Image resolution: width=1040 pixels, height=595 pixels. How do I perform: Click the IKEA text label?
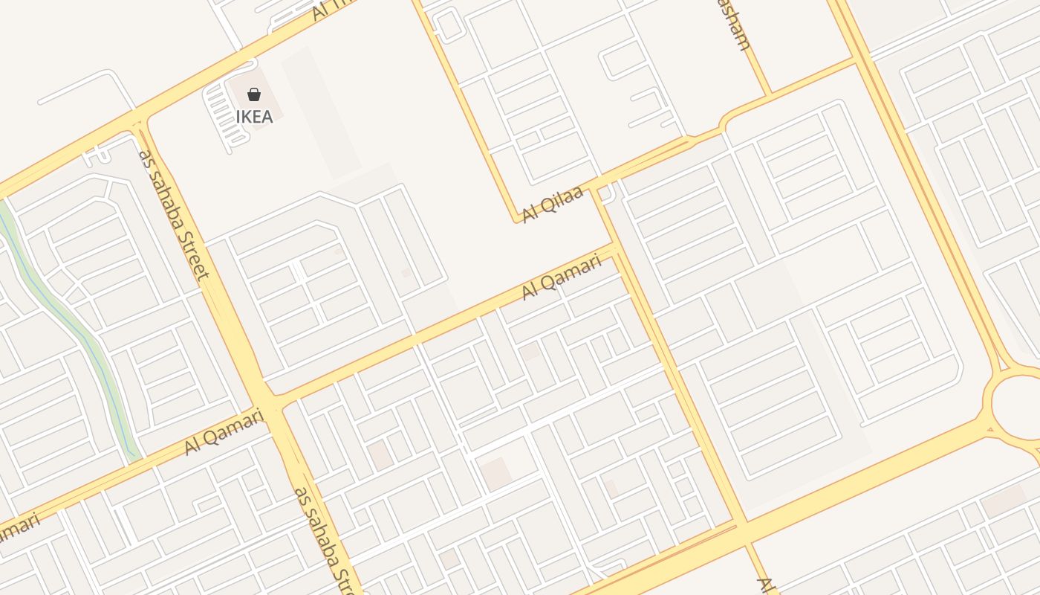pyautogui.click(x=254, y=117)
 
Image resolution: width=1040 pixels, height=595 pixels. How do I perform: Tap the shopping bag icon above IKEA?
pyautogui.click(x=254, y=94)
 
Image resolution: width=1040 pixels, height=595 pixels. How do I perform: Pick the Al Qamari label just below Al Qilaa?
pyautogui.click(x=561, y=277)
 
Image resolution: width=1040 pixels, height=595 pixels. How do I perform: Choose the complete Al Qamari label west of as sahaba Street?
pyautogui.click(x=224, y=431)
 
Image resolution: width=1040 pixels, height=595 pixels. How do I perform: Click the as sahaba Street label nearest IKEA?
pyautogui.click(x=174, y=214)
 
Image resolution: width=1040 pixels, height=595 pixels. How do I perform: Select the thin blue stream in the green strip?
pyautogui.click(x=74, y=327)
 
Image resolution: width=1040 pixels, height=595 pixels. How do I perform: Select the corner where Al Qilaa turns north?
pyautogui.click(x=516, y=220)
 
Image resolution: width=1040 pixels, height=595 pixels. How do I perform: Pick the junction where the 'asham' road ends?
pyautogui.click(x=770, y=94)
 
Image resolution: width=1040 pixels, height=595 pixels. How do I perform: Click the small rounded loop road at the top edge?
pyautogui.click(x=449, y=25)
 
